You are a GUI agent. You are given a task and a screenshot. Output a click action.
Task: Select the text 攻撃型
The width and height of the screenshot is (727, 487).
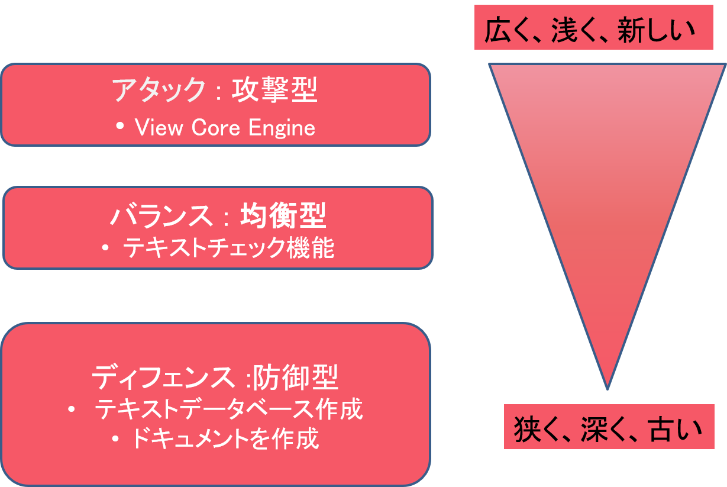pyautogui.click(x=274, y=91)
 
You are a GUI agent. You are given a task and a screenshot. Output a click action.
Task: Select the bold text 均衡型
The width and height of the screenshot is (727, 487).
pyautogui.click(x=283, y=217)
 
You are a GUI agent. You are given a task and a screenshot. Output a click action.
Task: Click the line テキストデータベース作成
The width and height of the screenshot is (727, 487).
pyautogui.click(x=228, y=409)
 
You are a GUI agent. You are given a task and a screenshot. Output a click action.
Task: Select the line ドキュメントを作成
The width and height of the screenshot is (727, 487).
pyautogui.click(x=225, y=439)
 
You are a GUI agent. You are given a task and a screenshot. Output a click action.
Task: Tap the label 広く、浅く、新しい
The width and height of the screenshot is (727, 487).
pyautogui.click(x=593, y=31)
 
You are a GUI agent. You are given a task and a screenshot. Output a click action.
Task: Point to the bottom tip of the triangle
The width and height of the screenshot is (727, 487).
pyautogui.click(x=608, y=388)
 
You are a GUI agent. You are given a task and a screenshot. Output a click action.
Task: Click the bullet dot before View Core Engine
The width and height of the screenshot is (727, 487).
pyautogui.click(x=121, y=127)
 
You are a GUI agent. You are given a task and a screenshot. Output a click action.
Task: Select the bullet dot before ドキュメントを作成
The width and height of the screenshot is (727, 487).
pyautogui.click(x=116, y=439)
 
